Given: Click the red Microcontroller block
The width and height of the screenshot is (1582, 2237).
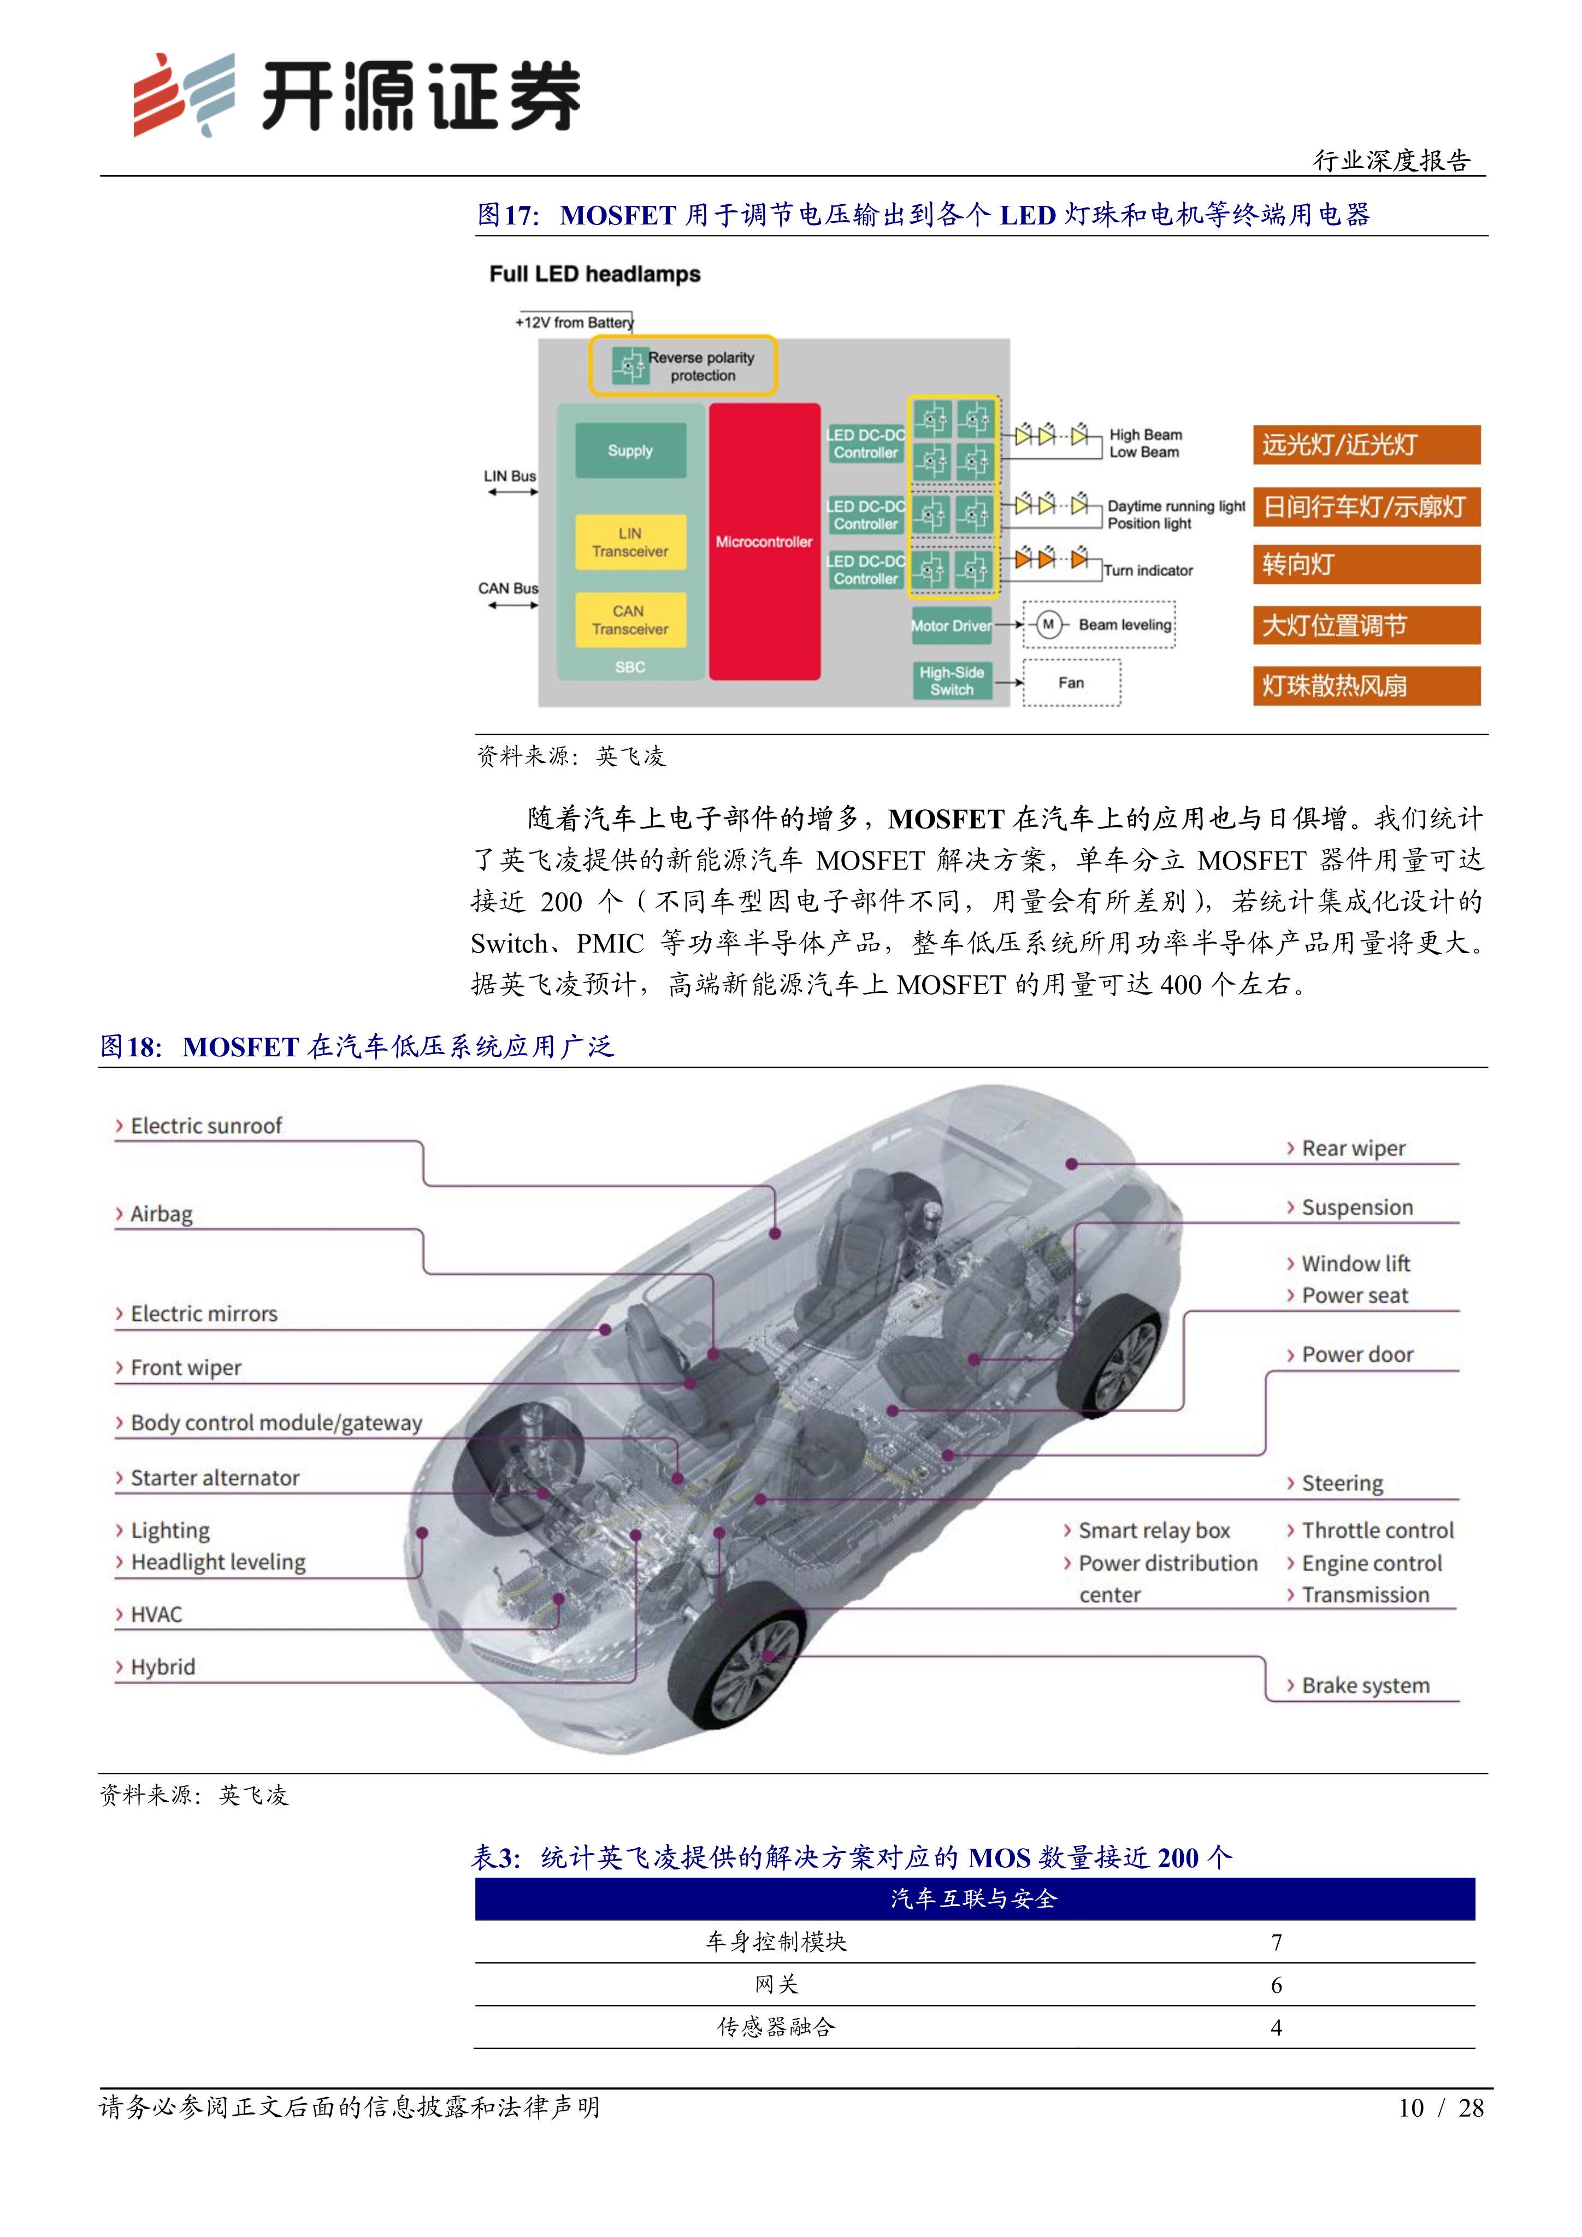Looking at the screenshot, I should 764,542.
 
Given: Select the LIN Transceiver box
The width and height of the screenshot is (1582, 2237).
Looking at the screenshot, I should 630,543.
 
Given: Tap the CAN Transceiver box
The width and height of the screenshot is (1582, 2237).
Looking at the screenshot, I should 630,620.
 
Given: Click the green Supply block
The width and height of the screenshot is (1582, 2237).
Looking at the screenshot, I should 630,450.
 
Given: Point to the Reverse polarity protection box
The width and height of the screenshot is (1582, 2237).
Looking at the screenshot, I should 683,366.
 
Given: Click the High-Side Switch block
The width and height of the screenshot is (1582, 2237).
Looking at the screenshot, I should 952,681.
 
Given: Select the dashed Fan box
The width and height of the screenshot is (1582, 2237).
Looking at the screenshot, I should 1071,682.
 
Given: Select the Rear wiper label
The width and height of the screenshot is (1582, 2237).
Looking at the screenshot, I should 1353,1149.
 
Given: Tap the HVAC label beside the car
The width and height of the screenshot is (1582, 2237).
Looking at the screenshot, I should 156,1614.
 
